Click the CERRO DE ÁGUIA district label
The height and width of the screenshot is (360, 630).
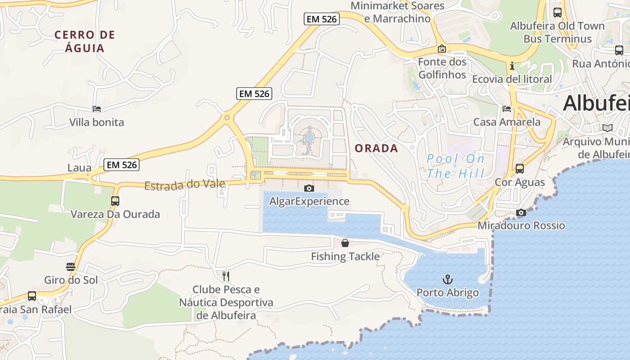coord(85,41)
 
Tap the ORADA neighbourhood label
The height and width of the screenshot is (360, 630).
coord(376,148)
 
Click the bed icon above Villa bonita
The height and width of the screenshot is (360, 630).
coord(97,109)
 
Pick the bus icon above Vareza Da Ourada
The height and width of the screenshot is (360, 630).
coord(115,201)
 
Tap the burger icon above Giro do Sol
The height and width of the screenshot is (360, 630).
coord(71,267)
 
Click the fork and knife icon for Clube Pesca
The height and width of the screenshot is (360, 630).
coord(226,276)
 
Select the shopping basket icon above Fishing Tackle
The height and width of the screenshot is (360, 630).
coord(345,243)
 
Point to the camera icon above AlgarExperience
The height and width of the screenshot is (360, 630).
coord(309,188)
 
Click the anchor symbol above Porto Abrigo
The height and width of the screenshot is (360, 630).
coord(447,279)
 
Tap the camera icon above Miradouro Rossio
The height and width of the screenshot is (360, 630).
coord(521,212)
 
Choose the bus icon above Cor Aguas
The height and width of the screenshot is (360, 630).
coord(520,169)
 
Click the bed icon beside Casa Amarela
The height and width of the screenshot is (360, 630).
coord(507,109)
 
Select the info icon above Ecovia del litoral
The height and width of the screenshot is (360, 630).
coord(512,66)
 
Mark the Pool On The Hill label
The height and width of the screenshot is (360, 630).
coord(455,166)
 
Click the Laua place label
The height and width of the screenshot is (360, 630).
coord(79,168)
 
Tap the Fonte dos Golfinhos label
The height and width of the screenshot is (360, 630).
coord(442,68)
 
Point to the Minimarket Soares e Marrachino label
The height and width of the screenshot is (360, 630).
coord(397,12)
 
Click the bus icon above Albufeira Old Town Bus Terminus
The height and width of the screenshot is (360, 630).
coord(557,13)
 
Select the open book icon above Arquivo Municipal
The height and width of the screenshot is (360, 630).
coord(607,128)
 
